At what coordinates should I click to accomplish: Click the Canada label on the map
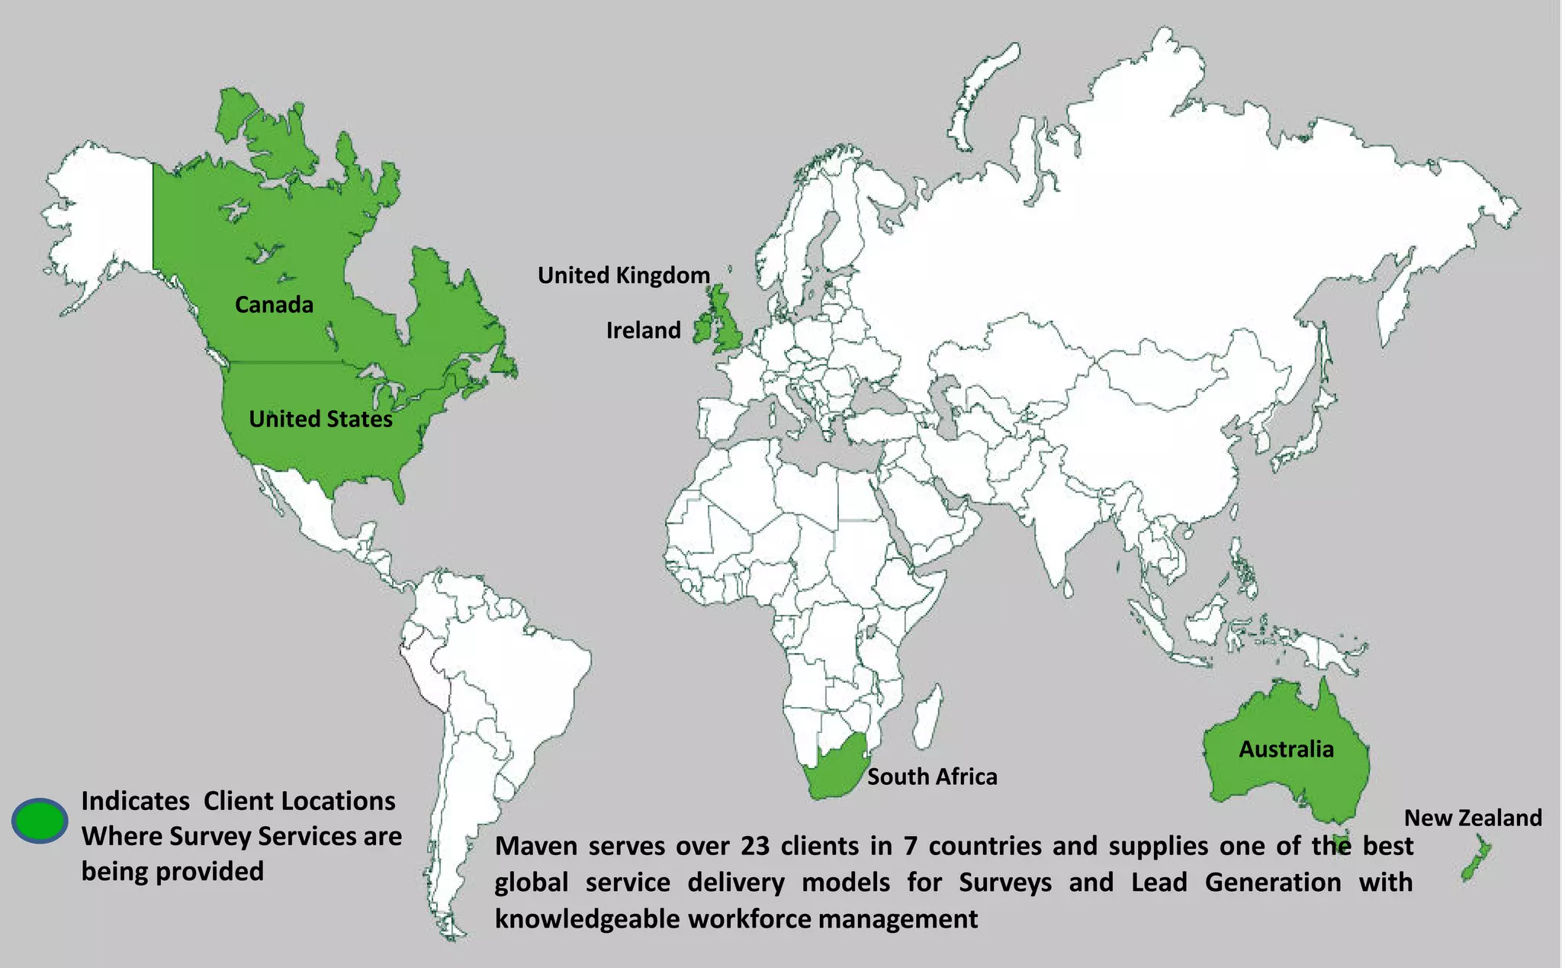pos(274,305)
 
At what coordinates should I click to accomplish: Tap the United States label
pos(320,419)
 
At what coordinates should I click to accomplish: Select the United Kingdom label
pos(623,275)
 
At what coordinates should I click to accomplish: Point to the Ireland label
pos(643,330)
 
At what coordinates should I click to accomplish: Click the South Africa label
pos(932,777)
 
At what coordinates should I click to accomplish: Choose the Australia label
pos(1286,749)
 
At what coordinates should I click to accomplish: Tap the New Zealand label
pos(1473,818)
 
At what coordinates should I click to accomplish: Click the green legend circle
pos(40,821)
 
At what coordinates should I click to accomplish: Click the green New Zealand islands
pos(1477,859)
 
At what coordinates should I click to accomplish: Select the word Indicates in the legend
pos(135,801)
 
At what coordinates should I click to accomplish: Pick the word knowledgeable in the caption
pos(587,919)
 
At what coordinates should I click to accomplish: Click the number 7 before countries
pos(910,846)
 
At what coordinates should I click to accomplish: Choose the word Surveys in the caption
pos(1005,883)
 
